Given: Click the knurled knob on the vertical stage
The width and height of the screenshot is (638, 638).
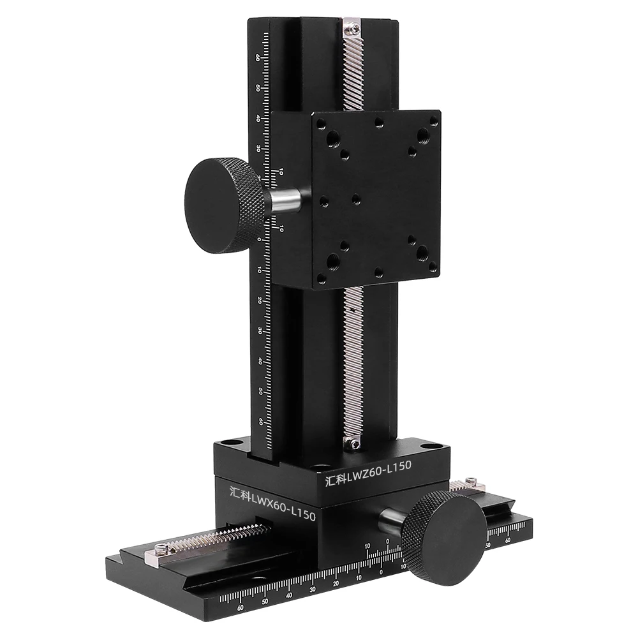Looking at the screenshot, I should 223,205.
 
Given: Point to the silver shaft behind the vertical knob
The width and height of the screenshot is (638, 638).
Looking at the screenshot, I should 285,200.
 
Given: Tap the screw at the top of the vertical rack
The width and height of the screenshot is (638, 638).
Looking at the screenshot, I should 351,27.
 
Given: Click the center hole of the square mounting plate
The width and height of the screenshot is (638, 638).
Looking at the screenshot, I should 355,200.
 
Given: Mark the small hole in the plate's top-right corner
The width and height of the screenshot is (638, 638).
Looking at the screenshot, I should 434,120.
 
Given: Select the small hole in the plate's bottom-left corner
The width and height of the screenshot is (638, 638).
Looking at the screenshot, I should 322,278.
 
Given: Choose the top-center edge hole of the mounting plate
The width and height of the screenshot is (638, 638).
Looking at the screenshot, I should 379,121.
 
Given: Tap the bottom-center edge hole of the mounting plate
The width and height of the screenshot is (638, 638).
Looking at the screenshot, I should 378,272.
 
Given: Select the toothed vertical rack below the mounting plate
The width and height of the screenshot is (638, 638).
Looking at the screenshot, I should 353,364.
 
